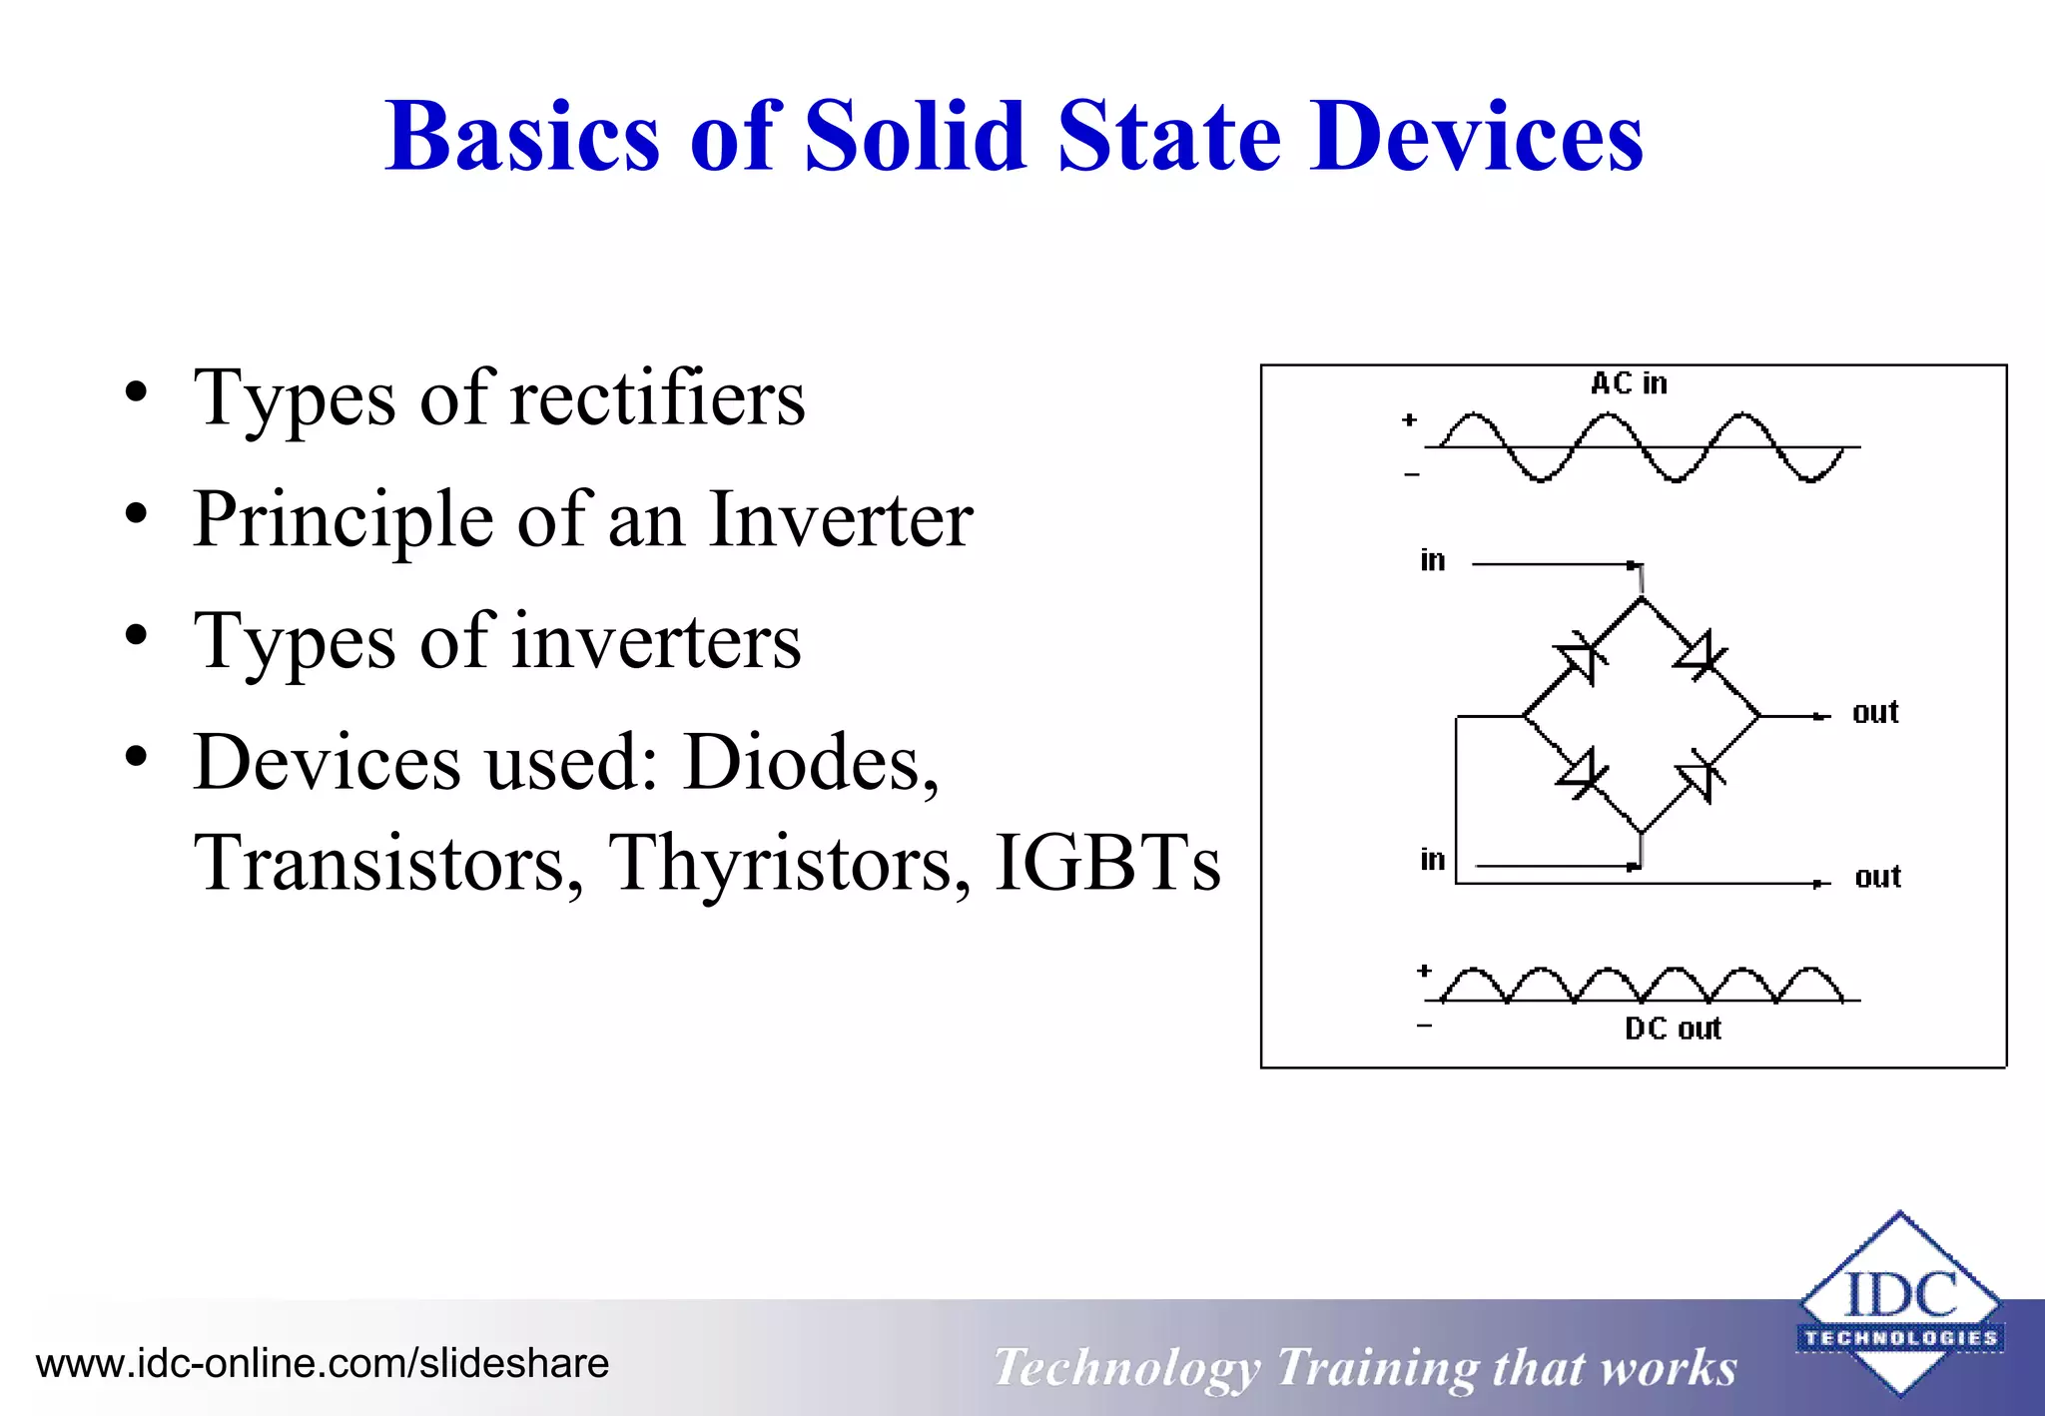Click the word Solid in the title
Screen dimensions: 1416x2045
point(915,137)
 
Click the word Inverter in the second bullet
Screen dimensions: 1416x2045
point(840,519)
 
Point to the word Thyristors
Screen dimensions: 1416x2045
point(789,863)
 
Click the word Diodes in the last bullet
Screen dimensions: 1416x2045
point(810,763)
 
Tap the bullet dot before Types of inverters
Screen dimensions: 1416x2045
point(137,635)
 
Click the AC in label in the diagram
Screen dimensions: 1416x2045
point(1629,383)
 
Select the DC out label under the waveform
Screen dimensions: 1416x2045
point(1673,1029)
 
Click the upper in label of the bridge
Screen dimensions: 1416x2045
point(1432,560)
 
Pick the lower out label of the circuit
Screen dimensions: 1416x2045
point(1877,877)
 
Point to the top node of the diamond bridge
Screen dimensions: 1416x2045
point(1642,598)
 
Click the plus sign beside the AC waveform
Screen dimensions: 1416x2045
point(1409,420)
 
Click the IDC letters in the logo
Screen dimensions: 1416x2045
point(1900,1295)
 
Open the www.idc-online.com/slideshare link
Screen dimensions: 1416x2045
point(323,1364)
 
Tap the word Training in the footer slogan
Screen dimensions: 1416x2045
point(1377,1368)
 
